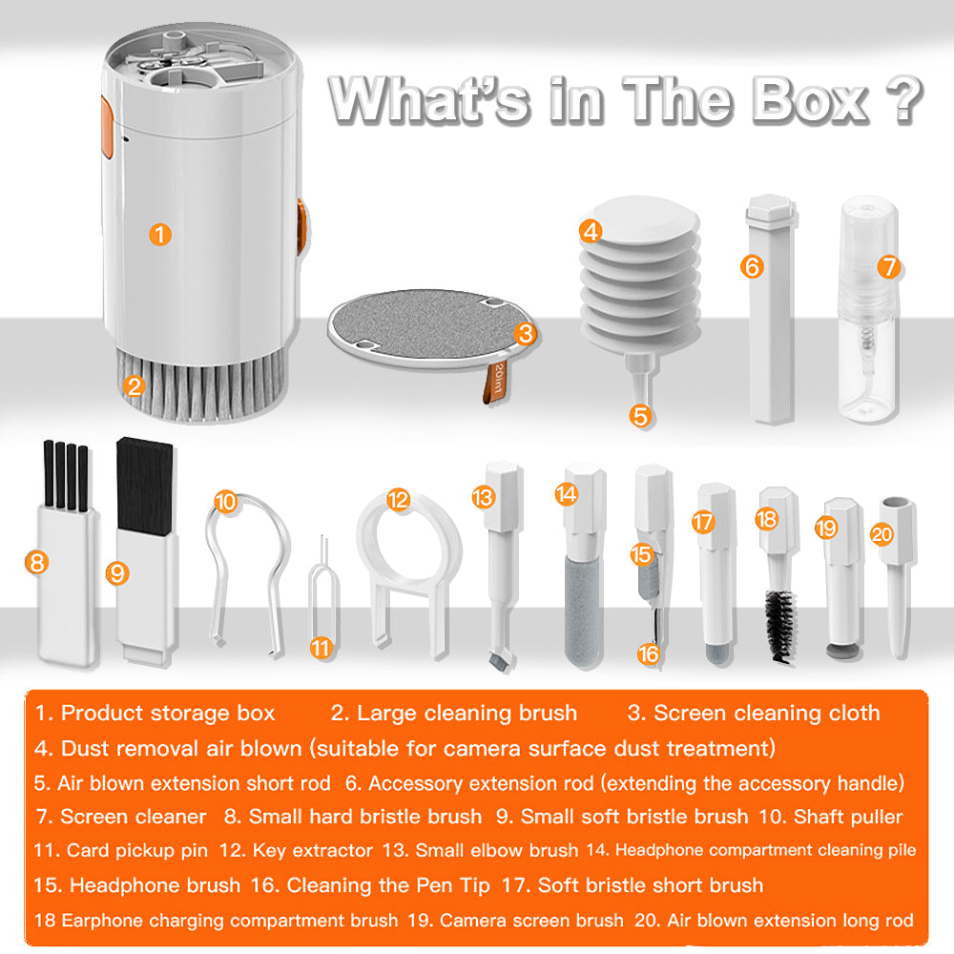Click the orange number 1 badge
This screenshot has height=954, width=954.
[x=161, y=234]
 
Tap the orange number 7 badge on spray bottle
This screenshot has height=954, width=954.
[x=889, y=266]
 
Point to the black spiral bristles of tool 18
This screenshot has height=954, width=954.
[x=778, y=625]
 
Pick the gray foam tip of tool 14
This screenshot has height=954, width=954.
[x=578, y=606]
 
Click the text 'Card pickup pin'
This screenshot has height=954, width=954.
[x=136, y=850]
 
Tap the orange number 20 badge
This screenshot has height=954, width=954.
[x=881, y=534]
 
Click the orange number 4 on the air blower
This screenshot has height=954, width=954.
[x=591, y=231]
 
